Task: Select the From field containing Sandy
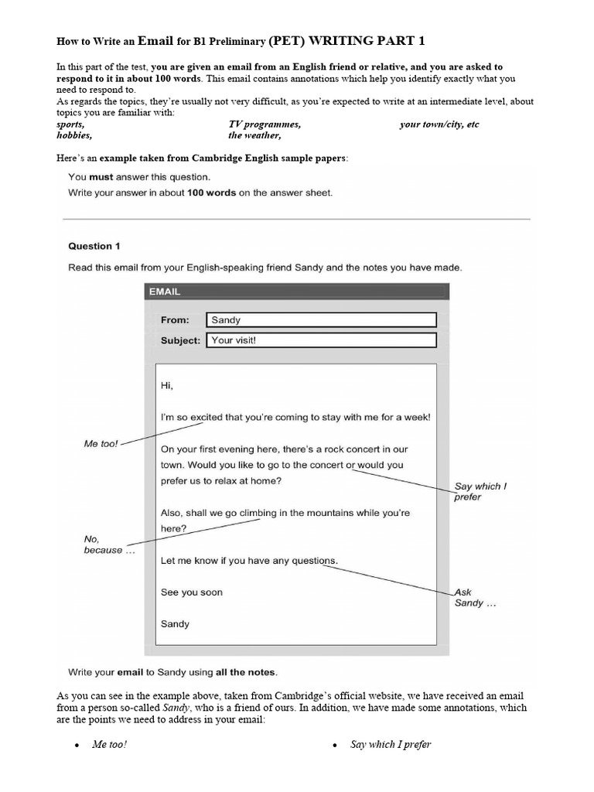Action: pyautogui.click(x=321, y=319)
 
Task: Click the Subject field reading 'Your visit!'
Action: pyautogui.click(x=321, y=340)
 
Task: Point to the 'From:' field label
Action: pyautogui.click(x=175, y=319)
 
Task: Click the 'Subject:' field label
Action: pyautogui.click(x=180, y=340)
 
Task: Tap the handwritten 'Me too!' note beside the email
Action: pyautogui.click(x=101, y=444)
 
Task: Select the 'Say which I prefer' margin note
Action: pyautogui.click(x=480, y=492)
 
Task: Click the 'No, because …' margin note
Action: pyautogui.click(x=102, y=544)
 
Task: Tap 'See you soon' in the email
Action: pyautogui.click(x=191, y=592)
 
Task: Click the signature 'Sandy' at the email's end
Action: pyautogui.click(x=175, y=623)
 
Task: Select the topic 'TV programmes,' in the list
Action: pyautogui.click(x=265, y=125)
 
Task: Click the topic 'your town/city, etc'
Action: pyautogui.click(x=439, y=125)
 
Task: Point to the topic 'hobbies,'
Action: pyautogui.click(x=74, y=135)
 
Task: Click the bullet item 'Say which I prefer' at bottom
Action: pyautogui.click(x=391, y=745)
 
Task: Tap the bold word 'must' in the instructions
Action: pyautogui.click(x=101, y=177)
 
